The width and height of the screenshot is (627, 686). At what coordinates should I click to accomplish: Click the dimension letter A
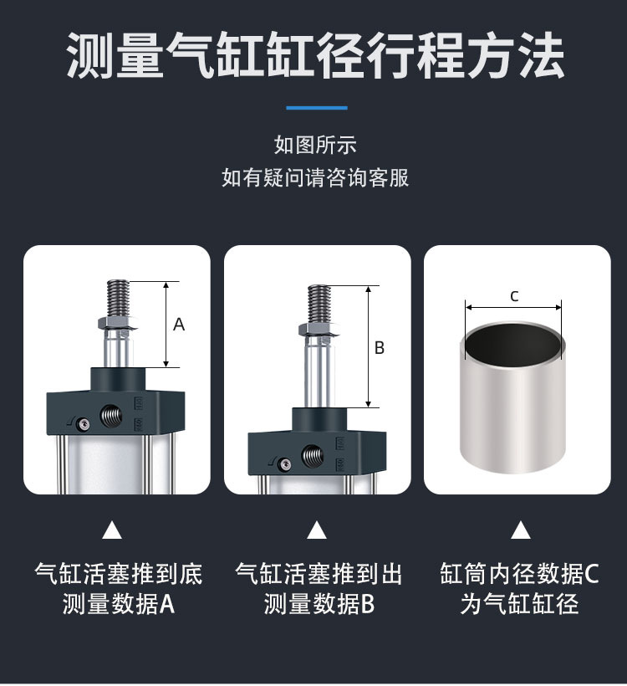[x=179, y=325]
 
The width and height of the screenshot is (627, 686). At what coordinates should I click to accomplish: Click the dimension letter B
[x=380, y=348]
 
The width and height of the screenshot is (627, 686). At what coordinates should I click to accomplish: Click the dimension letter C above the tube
[x=514, y=296]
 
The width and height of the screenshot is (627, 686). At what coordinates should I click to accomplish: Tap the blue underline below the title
[x=317, y=108]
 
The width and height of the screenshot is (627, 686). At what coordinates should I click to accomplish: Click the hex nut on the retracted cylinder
[x=117, y=324]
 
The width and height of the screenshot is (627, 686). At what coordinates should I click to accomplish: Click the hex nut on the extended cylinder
[x=319, y=330]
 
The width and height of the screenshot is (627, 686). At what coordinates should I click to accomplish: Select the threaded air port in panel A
[x=111, y=416]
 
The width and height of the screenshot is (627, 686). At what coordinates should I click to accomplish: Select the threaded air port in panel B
[x=313, y=455]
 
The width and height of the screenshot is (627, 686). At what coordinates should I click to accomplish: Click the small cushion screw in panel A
[x=82, y=423]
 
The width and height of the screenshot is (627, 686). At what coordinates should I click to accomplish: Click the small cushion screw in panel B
[x=285, y=463]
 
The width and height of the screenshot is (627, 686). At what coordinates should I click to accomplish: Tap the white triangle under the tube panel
[x=520, y=530]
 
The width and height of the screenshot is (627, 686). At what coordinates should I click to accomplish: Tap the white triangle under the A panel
[x=112, y=530]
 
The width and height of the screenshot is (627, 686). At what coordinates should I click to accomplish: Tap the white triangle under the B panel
[x=317, y=530]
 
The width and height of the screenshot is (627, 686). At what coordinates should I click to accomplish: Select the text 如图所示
[x=315, y=145]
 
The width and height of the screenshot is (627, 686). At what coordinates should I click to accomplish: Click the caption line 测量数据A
[x=119, y=604]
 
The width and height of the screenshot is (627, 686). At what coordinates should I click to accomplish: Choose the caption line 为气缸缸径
[x=519, y=604]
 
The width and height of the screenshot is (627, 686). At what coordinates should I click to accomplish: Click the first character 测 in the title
[x=90, y=55]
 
